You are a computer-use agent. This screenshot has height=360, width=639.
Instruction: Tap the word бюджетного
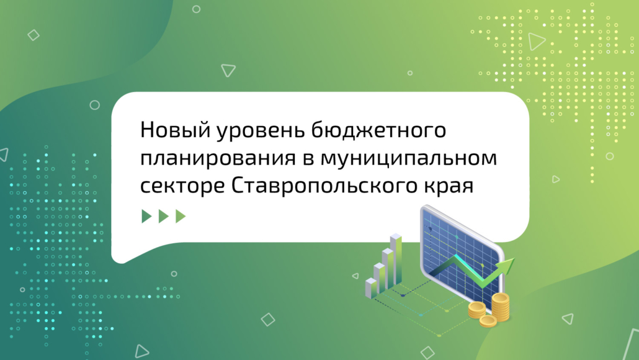378,131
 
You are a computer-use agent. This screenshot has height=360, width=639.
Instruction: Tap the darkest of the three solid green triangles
146,216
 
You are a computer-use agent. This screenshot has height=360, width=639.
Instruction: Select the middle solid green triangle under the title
163,216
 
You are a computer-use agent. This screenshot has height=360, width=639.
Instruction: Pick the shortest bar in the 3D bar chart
371,288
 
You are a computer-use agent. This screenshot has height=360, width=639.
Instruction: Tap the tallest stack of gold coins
501,307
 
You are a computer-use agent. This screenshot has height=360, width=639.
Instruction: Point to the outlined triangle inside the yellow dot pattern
536,41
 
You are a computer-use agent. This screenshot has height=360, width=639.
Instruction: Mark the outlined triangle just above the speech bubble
228,70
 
